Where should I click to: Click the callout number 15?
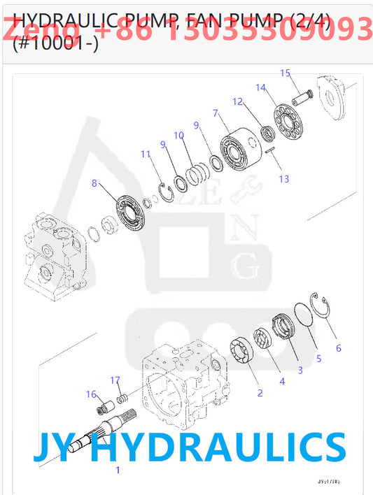pos(285,73)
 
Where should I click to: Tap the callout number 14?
pos(260,87)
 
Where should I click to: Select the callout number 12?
pos(237,101)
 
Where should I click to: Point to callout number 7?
pos(216,113)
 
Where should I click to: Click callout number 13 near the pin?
pos(283,179)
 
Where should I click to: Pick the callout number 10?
pos(178,135)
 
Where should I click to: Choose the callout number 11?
pos(145,154)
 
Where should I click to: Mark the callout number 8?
pos(94,184)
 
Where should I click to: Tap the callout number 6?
pos(339,347)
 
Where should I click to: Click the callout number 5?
pos(318,359)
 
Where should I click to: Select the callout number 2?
pos(260,393)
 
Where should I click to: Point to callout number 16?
pos(91,394)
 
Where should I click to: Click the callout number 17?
pos(115,380)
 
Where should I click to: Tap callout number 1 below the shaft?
pos(118,470)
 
